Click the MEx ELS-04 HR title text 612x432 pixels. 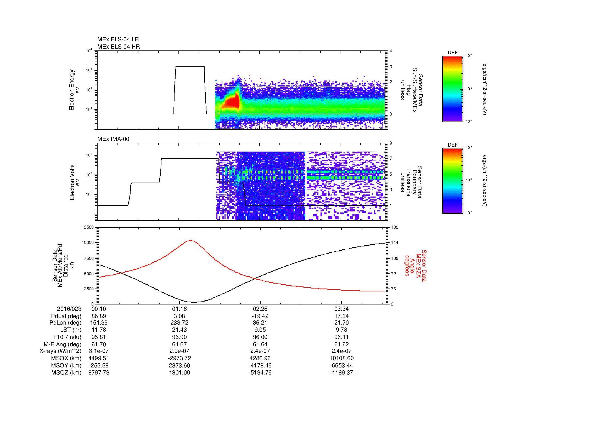pos(119,47)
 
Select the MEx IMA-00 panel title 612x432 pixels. pos(113,139)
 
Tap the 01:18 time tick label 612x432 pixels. pos(179,309)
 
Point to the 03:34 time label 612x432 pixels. pos(341,309)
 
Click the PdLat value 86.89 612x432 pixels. pos(99,316)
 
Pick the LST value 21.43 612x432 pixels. pos(179,330)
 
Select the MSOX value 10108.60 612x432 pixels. pos(341,358)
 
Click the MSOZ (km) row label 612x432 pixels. pos(66,373)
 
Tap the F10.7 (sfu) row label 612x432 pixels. pos(67,337)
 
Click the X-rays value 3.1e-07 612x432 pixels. pos(99,351)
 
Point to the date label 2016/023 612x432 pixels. pos(69,309)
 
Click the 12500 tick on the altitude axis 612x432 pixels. pos(88,227)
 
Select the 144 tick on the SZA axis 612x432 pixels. pos(394,243)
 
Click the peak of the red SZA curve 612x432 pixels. pos(191,240)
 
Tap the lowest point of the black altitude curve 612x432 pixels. pos(194,302)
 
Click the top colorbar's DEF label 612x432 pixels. pos(453,53)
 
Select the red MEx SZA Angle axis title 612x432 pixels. pos(416,265)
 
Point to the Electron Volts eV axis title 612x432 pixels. pos(74,182)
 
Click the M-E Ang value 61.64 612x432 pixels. pos(260,344)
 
